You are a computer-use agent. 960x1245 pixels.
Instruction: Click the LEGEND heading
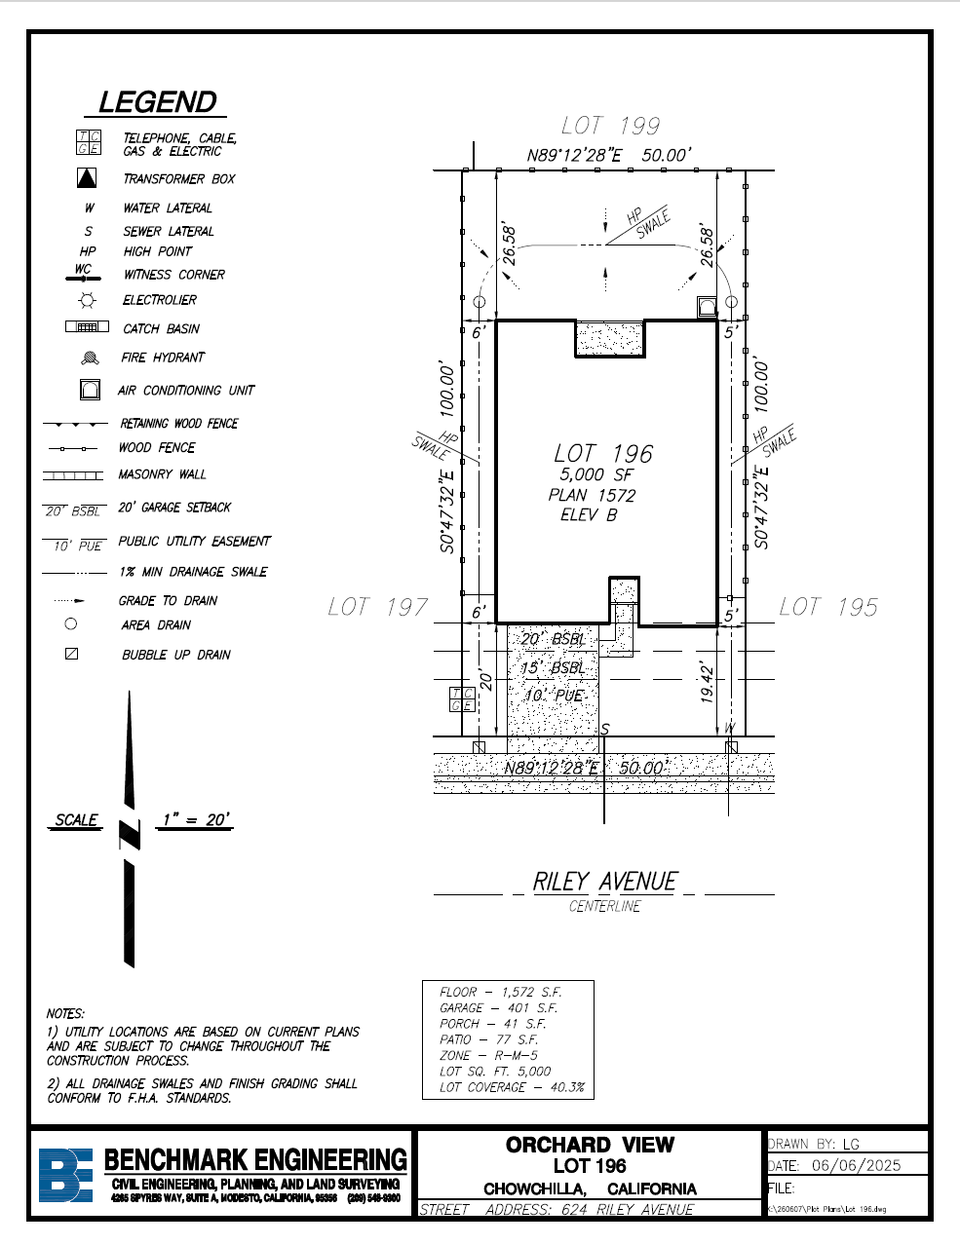158,102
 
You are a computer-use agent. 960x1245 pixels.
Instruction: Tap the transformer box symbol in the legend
88,178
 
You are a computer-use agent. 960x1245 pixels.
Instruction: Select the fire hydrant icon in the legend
90,358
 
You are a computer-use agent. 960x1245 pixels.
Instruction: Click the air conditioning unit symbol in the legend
90,391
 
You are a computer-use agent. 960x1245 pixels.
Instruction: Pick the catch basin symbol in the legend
87,327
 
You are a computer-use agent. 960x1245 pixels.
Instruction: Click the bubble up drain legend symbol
71,654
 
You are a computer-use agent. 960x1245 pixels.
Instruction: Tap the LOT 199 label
611,126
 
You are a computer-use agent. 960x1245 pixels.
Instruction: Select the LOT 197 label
378,607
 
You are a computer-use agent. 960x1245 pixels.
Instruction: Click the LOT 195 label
828,607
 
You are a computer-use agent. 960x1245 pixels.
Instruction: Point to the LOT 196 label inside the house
603,454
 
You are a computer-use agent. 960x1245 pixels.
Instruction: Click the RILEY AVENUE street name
604,882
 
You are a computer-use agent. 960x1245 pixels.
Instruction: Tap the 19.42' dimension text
708,681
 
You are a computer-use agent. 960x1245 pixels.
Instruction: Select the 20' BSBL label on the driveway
553,639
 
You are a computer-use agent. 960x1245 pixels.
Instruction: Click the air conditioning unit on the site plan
707,309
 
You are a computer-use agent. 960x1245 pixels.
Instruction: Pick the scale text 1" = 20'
196,819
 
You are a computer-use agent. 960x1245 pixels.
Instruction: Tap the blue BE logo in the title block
65,1175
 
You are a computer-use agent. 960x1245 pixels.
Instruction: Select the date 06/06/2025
856,1165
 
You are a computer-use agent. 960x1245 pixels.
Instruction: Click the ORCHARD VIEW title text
590,1145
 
